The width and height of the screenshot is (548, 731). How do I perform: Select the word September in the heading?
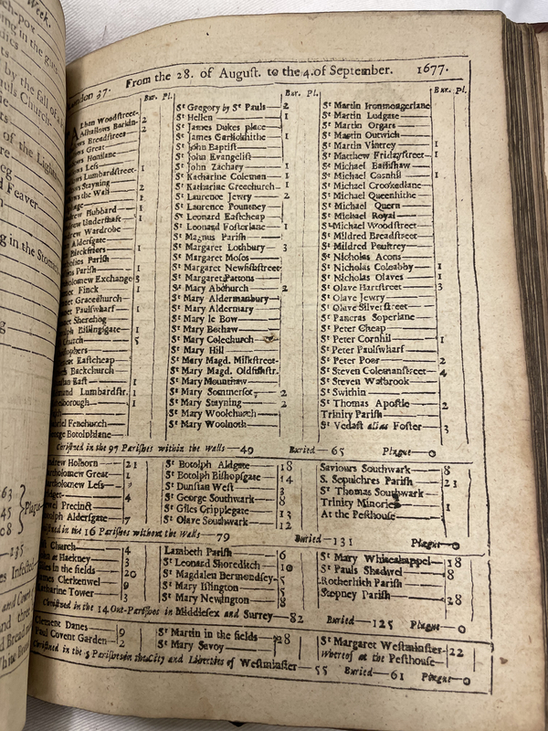point(359,70)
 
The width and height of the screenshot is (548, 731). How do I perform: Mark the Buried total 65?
point(337,450)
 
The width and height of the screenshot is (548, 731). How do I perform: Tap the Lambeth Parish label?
point(198,552)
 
